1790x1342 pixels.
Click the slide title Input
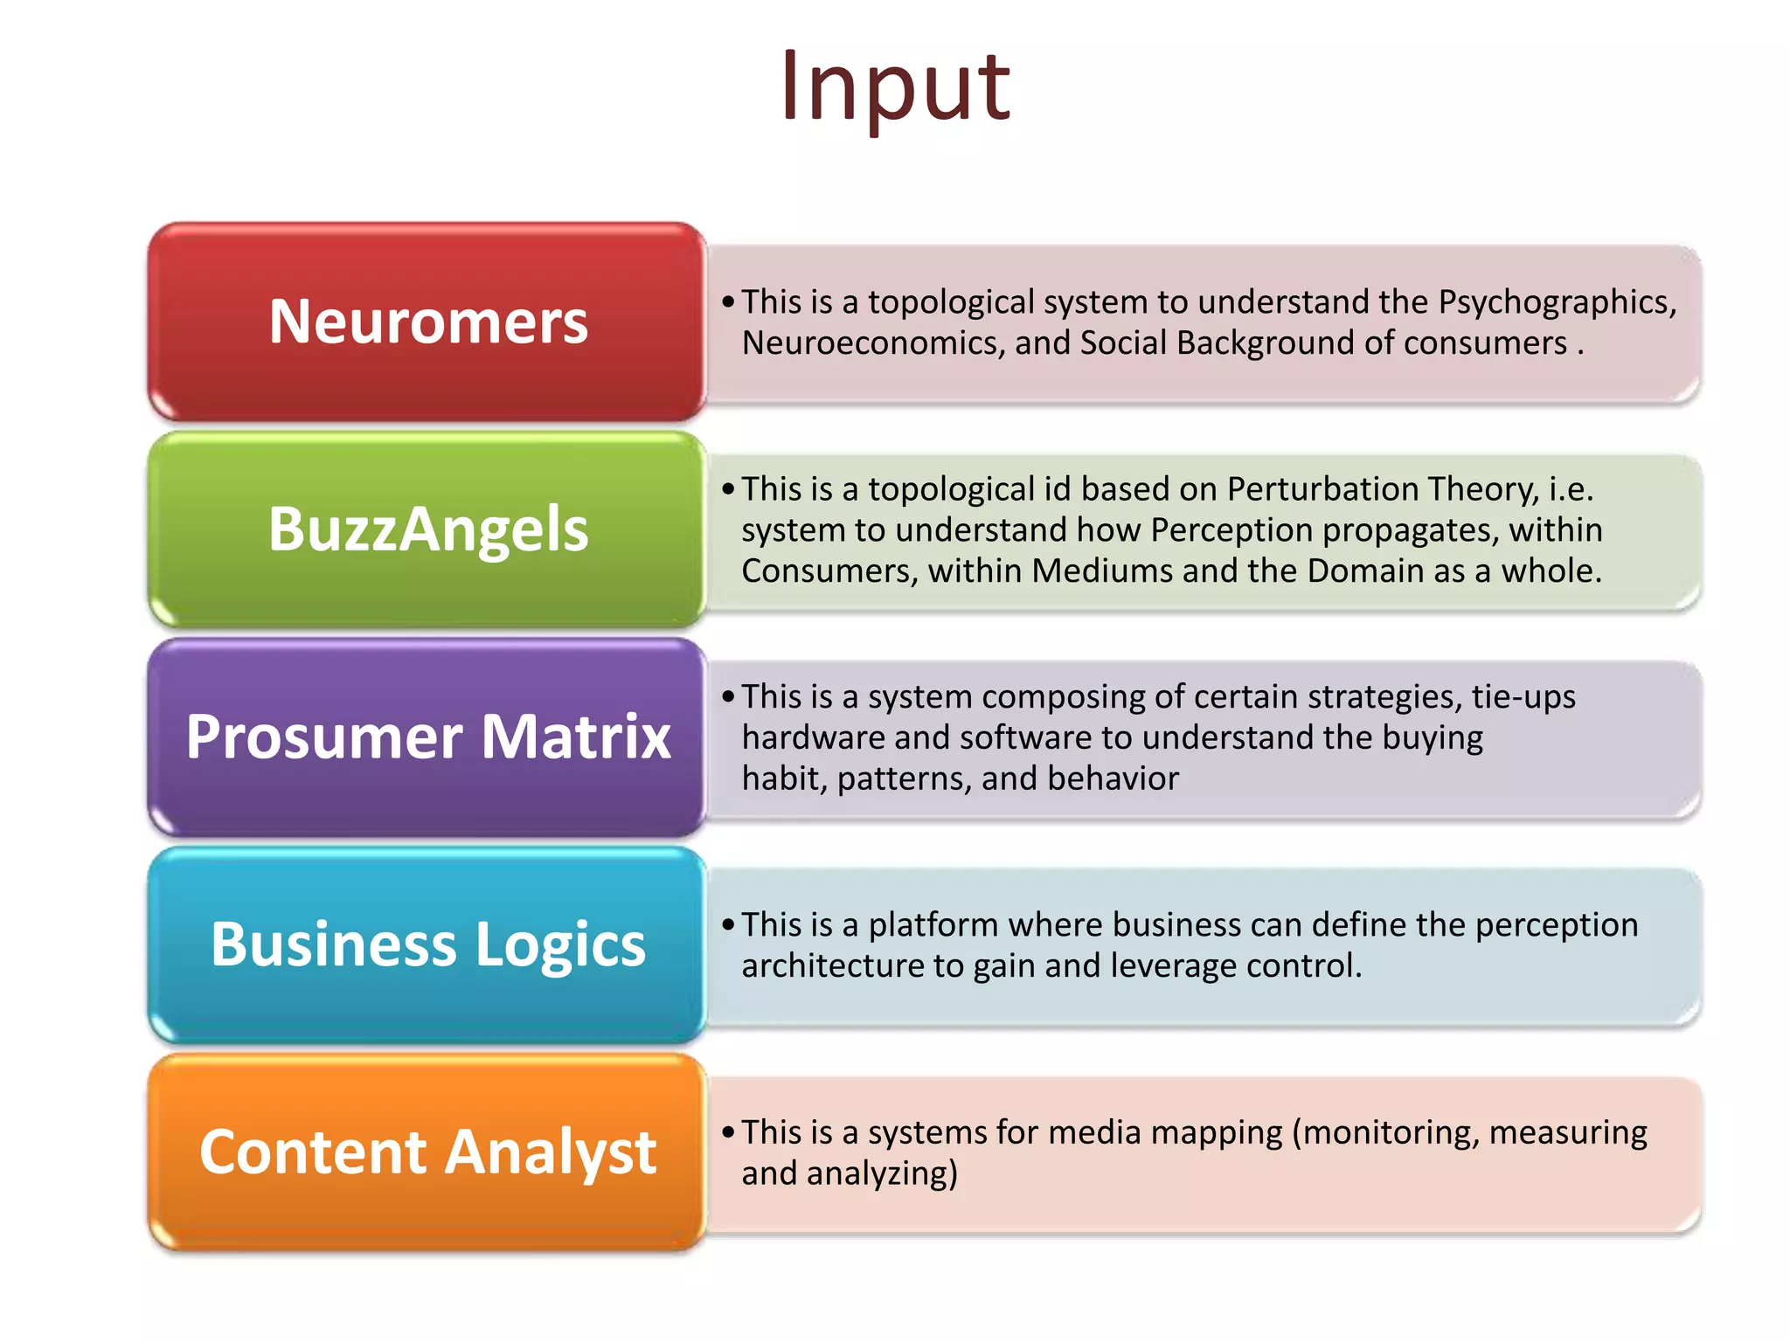tap(895, 87)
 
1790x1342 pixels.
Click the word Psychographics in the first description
tap(1557, 302)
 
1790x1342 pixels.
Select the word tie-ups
tap(1523, 697)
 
